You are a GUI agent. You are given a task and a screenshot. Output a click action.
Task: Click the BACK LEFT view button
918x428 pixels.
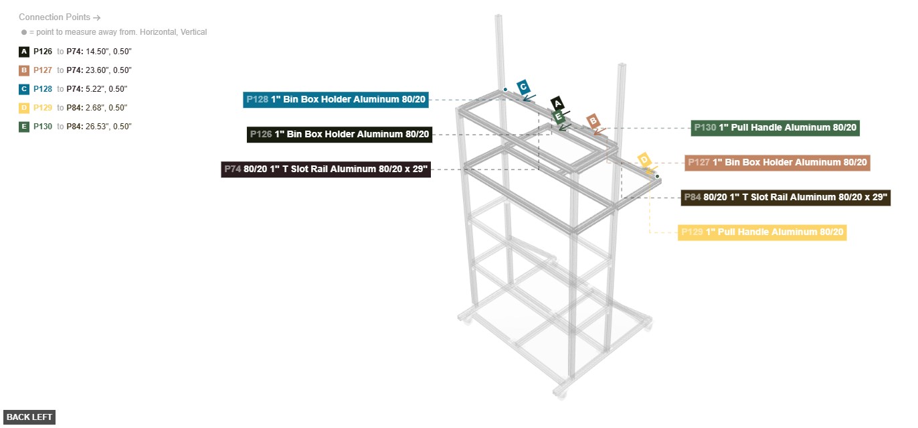click(29, 417)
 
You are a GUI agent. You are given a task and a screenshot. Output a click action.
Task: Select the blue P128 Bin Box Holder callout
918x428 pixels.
click(336, 100)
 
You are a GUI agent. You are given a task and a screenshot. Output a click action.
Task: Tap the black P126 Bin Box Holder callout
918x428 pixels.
click(339, 135)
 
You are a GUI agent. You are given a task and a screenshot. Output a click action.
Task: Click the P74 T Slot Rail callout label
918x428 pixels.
click(326, 169)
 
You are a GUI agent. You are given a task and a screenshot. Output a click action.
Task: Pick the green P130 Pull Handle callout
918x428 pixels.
click(775, 128)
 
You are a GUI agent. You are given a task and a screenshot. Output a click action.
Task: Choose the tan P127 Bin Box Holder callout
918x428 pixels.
click(777, 163)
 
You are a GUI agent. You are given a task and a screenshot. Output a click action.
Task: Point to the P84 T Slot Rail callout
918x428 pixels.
click(786, 198)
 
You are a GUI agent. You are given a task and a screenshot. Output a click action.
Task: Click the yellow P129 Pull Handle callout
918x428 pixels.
click(762, 232)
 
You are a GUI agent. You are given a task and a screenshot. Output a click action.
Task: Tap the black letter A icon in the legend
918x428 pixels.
click(24, 52)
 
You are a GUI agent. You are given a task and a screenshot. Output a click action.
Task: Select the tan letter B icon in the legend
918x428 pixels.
click(24, 70)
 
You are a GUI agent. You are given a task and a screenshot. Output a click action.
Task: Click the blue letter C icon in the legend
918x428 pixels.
click(24, 89)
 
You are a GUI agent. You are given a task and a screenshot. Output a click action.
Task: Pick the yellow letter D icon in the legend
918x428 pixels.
click(24, 108)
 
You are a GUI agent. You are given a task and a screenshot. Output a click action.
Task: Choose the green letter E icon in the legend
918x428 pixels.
click(24, 127)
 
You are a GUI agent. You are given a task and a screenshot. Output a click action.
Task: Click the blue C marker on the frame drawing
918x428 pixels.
click(523, 87)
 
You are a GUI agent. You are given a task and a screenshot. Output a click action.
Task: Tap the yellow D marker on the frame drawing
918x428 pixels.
click(644, 159)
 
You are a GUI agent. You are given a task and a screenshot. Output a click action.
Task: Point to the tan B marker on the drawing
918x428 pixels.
click(593, 121)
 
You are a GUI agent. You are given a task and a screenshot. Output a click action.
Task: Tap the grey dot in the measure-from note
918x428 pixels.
click(24, 32)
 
